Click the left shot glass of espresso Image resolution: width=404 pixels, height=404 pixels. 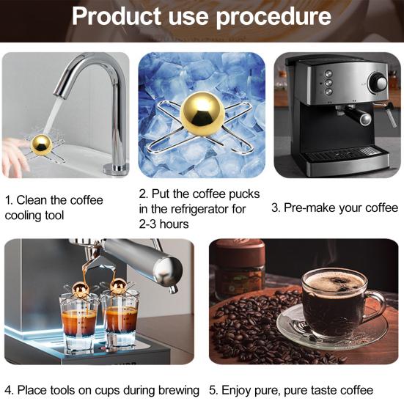point(79,320)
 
